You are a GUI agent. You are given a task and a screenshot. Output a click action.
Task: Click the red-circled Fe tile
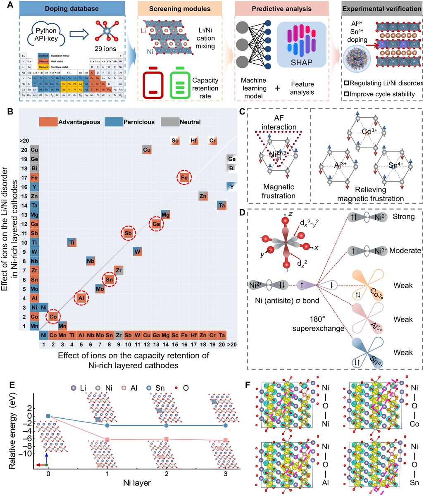point(184,178)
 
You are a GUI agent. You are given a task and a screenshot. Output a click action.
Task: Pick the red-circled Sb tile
point(128,234)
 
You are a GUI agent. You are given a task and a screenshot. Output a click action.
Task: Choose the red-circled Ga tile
point(156,224)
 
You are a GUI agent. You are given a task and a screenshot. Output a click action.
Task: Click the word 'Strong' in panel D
point(404,217)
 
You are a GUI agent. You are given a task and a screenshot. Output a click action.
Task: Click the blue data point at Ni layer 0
point(48,416)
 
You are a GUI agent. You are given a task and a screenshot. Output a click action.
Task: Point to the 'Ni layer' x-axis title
point(136,482)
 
